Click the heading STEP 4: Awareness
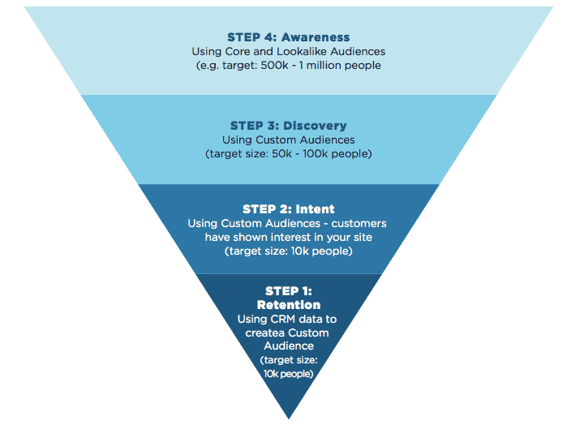pos(288,37)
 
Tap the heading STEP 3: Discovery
pos(288,126)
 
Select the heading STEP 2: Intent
pos(288,208)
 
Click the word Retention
pos(288,305)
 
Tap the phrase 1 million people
pos(338,65)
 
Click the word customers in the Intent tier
pos(359,222)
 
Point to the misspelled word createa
pos(265,333)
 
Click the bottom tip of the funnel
pos(289,416)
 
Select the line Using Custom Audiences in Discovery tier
pos(288,140)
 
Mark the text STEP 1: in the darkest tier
pos(288,291)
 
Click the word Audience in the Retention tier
pos(289,346)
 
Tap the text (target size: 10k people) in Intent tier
pos(288,251)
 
